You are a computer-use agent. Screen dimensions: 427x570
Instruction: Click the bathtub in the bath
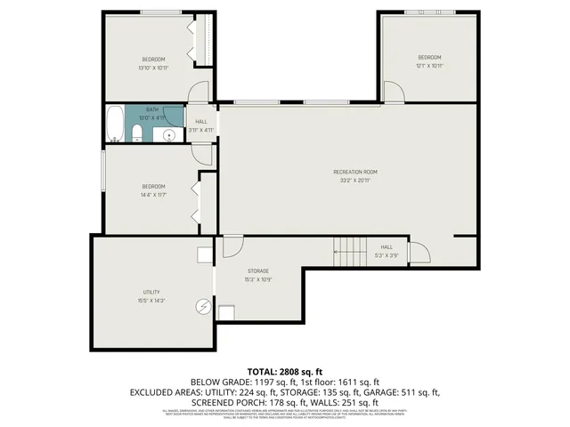(114, 124)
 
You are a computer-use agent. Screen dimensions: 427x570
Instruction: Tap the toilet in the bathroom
(135, 133)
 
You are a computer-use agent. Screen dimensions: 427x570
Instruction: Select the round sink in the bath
(167, 135)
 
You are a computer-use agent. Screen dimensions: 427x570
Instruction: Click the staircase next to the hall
(350, 251)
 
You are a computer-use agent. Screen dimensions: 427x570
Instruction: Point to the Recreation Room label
(355, 172)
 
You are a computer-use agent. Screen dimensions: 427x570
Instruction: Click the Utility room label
(151, 292)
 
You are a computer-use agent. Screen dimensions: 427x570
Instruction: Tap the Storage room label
(258, 270)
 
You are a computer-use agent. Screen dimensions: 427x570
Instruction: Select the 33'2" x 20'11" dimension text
(355, 180)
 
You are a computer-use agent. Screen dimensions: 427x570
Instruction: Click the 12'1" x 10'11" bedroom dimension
(429, 66)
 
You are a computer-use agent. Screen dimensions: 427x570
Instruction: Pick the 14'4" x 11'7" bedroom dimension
(153, 194)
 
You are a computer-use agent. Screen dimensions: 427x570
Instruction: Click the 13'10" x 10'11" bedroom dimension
(153, 68)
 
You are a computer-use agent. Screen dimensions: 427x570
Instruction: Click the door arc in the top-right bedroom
(393, 92)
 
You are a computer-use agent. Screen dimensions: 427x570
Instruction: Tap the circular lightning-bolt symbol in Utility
(204, 307)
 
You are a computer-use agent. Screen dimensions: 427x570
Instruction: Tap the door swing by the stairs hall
(417, 253)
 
